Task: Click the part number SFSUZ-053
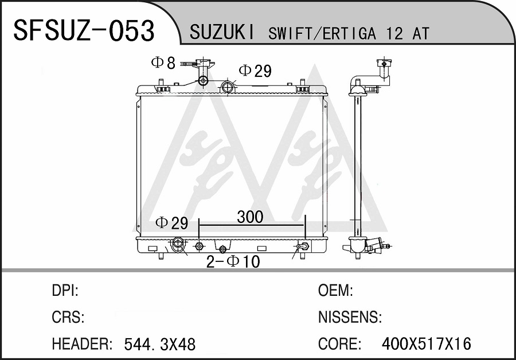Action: pos(84,30)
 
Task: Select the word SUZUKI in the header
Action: pos(222,33)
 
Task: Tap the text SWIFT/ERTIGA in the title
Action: pos(322,33)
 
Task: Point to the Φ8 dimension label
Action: pos(163,62)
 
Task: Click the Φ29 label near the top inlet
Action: pos(255,71)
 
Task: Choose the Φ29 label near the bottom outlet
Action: pos(171,223)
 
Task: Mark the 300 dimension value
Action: pos(250,217)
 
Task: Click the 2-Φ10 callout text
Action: pos(233,262)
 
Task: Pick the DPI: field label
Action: pos(65,290)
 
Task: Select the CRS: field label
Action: pos(68,317)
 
